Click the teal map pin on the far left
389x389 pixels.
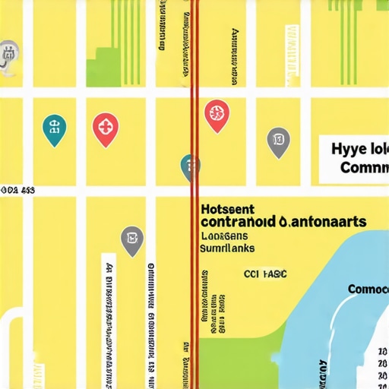click(54, 128)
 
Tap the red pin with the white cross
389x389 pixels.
click(105, 127)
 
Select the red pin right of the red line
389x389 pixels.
click(217, 115)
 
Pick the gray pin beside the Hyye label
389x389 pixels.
click(279, 141)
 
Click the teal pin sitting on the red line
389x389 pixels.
click(190, 166)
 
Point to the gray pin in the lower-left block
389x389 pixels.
click(132, 239)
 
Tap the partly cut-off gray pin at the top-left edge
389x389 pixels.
click(8, 55)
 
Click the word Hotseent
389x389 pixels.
click(228, 208)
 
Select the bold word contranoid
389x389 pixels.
click(236, 222)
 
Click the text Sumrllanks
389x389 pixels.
click(228, 248)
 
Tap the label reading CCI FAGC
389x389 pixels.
click(264, 274)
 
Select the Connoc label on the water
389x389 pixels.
click(368, 289)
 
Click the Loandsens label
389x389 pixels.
click(226, 236)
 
